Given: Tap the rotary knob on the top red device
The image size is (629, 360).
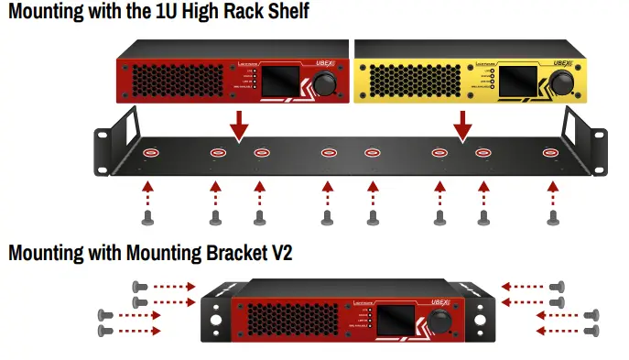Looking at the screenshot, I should click(x=325, y=84).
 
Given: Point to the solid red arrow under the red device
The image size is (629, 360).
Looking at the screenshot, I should click(x=239, y=125).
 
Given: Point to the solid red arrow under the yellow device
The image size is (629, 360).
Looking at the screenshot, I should click(x=464, y=125).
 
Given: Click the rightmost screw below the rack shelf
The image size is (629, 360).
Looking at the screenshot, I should click(x=552, y=217).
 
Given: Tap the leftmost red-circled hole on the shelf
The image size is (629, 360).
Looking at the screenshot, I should click(x=148, y=152).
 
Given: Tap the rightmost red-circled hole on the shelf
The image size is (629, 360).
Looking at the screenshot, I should click(x=551, y=152).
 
